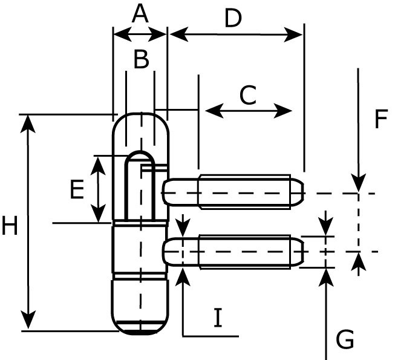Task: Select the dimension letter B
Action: pyautogui.click(x=141, y=60)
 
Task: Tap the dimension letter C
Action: pyautogui.click(x=248, y=95)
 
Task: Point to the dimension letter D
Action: pyautogui.click(x=233, y=19)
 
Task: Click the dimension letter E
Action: pyautogui.click(x=77, y=190)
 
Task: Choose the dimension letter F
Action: pyautogui.click(x=380, y=119)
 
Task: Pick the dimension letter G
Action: pyautogui.click(x=345, y=340)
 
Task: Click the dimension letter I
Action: pyautogui.click(x=218, y=318)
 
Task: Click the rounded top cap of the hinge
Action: pyautogui.click(x=141, y=130)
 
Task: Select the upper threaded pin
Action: pyautogui.click(x=242, y=192)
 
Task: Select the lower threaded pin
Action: pyautogui.click(x=242, y=251)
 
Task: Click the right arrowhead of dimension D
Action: pyautogui.click(x=296, y=34)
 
